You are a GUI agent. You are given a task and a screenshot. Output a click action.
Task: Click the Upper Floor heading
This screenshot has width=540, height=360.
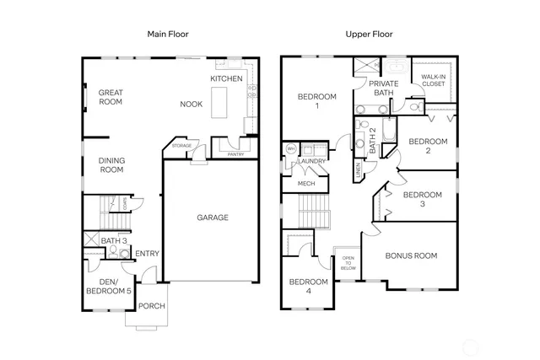click(369, 35)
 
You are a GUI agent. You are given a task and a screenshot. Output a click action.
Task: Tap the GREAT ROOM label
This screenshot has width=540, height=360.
click(111, 97)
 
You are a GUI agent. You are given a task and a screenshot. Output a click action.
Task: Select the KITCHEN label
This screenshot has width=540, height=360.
click(226, 78)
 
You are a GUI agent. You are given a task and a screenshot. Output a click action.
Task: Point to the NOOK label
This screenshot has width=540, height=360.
click(191, 105)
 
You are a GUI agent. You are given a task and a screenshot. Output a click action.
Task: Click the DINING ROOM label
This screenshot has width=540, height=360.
click(111, 165)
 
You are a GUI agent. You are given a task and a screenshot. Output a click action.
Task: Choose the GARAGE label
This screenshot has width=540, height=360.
click(213, 218)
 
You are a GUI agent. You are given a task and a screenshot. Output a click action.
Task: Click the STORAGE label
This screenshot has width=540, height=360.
click(182, 146)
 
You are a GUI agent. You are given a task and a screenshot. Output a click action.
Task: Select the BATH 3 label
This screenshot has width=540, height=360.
click(114, 241)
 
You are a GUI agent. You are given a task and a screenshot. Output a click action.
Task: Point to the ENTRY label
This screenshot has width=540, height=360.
click(147, 254)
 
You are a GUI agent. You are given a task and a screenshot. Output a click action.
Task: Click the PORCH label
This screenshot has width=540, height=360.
click(152, 306)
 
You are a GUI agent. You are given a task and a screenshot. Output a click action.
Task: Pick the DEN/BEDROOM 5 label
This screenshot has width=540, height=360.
click(109, 286)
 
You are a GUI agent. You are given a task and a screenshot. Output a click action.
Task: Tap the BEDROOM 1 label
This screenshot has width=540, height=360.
click(316, 102)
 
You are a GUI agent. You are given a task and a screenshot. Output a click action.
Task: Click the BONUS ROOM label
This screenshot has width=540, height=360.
click(411, 255)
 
